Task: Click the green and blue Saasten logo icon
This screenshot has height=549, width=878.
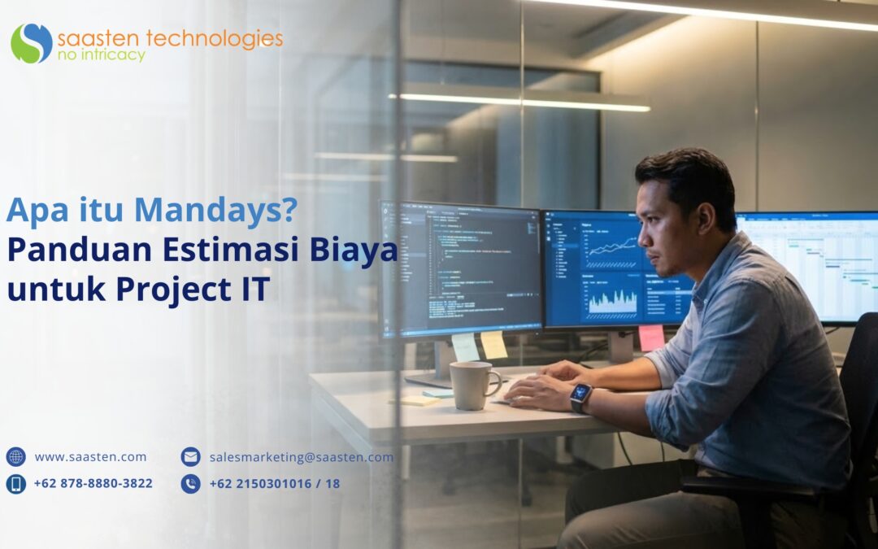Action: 32,43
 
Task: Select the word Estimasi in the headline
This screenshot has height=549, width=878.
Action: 233,250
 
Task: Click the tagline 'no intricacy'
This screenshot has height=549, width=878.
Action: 102,55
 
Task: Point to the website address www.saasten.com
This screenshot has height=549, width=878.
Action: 90,457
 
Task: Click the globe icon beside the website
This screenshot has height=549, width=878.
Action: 16,457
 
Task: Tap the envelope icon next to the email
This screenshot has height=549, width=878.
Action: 190,457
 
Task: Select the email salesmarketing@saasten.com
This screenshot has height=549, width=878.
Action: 301,457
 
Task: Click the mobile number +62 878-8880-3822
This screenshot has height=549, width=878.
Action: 93,483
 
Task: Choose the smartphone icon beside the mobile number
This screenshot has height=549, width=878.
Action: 16,484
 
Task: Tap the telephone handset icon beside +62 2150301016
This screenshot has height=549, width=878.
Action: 190,484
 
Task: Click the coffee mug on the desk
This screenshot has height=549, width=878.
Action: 475,385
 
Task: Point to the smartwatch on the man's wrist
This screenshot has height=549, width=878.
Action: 580,396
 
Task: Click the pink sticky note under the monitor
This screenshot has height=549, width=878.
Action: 651,338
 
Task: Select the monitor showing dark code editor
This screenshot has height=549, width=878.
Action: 462,268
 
